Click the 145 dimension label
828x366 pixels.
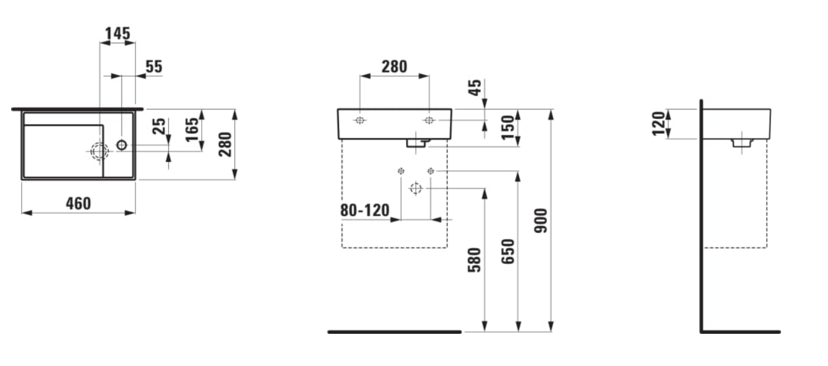[x=118, y=33]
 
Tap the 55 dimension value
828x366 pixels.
[x=153, y=67]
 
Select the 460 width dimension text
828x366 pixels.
[x=79, y=204]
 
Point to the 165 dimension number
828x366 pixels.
[x=192, y=129]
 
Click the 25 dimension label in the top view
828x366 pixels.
[x=159, y=126]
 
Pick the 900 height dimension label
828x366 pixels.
[x=541, y=221]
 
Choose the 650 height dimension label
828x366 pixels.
[x=508, y=251]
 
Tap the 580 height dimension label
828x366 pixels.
[x=475, y=260]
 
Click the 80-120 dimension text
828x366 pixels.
[x=365, y=210]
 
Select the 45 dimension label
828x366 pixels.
[x=475, y=87]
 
